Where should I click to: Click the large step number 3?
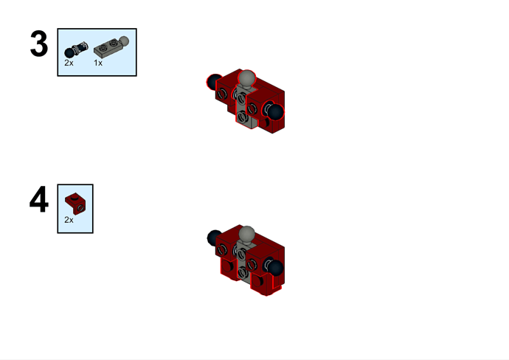click(x=39, y=44)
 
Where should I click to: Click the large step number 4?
click(x=39, y=199)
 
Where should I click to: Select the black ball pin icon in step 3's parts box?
click(x=76, y=49)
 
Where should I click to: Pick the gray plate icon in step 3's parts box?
click(x=111, y=47)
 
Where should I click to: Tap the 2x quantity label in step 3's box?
click(x=69, y=63)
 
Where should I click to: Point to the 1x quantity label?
click(x=98, y=63)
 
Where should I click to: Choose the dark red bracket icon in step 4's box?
click(x=75, y=204)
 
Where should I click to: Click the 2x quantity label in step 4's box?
click(x=69, y=220)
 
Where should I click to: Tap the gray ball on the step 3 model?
click(x=246, y=79)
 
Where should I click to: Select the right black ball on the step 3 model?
click(x=275, y=112)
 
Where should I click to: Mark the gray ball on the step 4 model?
click(x=246, y=234)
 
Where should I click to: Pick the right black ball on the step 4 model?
click(x=275, y=268)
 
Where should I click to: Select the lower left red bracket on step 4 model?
click(x=229, y=268)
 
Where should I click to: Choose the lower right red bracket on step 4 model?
click(x=265, y=283)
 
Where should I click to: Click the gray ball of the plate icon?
click(x=124, y=41)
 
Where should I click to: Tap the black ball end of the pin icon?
click(x=69, y=53)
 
